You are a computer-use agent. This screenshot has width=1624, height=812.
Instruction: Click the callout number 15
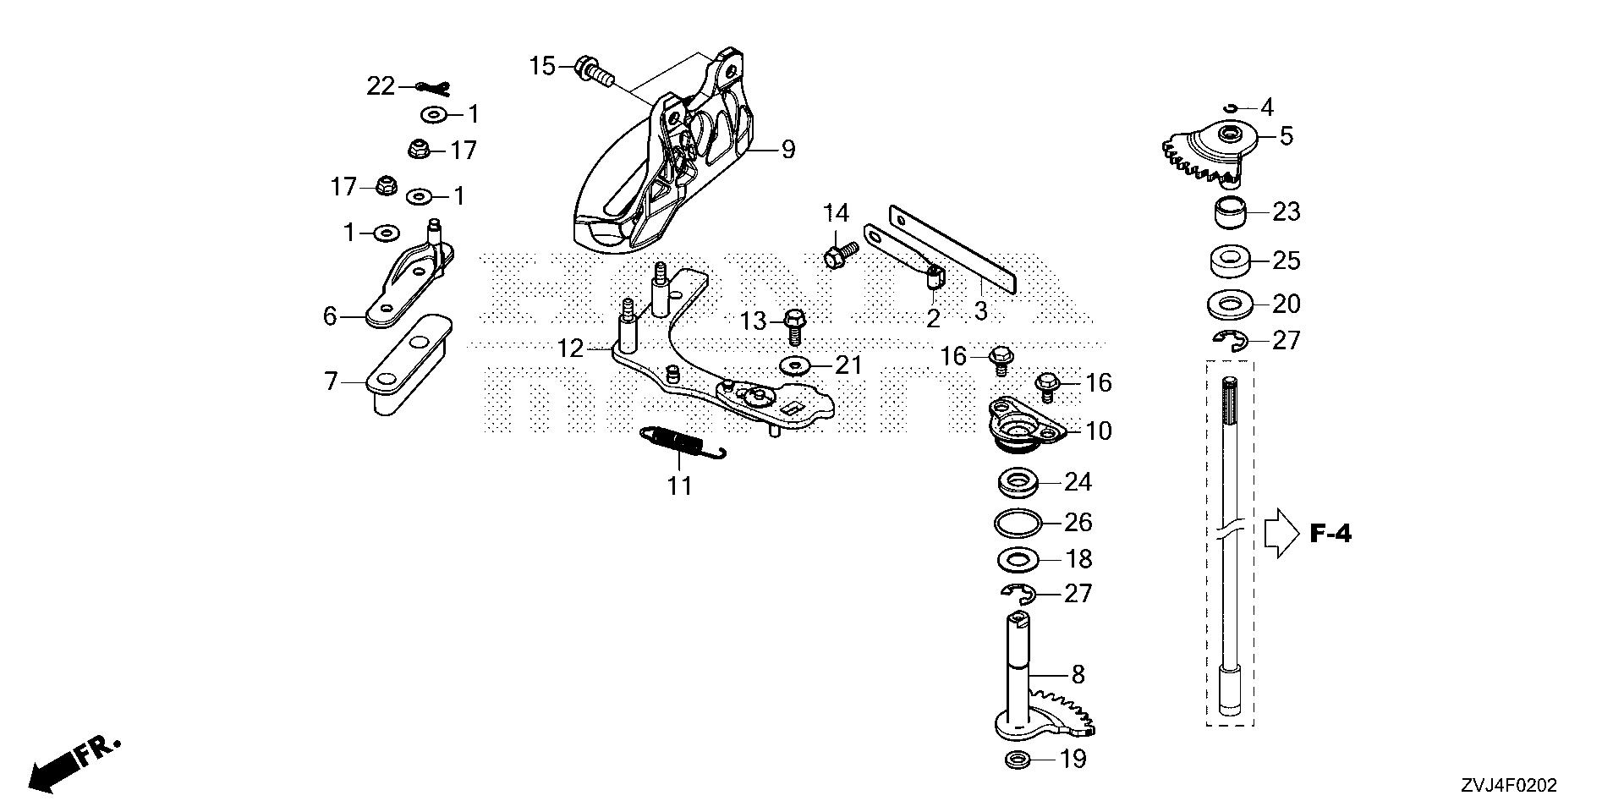(x=541, y=65)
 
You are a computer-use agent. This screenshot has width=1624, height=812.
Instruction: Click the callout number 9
(x=787, y=151)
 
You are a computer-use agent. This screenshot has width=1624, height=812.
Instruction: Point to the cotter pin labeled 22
(x=432, y=87)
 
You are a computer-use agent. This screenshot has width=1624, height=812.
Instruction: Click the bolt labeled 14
(x=840, y=254)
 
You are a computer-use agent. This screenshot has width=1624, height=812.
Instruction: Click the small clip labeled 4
(x=1232, y=107)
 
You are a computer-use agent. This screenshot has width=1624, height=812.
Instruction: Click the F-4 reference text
(x=1330, y=534)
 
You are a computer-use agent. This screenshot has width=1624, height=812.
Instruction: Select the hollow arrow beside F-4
(x=1280, y=534)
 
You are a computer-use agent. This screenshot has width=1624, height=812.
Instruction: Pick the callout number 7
(x=331, y=381)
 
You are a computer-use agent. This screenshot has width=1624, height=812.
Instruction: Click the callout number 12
(x=571, y=348)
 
